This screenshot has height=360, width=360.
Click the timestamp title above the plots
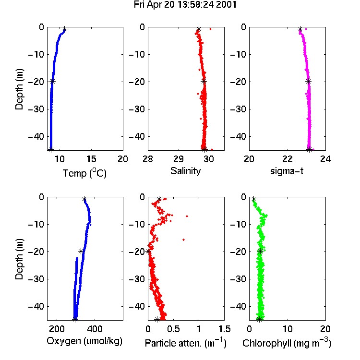[x=185, y=5]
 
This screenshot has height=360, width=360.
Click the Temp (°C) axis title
[x=84, y=173]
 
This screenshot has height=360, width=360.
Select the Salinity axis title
[x=185, y=171]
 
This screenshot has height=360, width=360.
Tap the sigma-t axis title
[x=287, y=171]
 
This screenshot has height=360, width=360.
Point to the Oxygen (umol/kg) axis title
[x=84, y=341]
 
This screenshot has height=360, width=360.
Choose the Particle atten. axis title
[x=185, y=343]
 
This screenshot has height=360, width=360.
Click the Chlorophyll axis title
[x=287, y=343]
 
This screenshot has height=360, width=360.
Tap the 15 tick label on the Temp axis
[x=91, y=159]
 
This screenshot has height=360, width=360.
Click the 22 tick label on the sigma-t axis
[x=288, y=159]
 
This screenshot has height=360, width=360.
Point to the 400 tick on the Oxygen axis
[x=95, y=329]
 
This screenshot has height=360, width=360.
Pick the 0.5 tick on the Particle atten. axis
[x=173, y=329]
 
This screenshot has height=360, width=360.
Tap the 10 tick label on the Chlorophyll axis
[x=288, y=329]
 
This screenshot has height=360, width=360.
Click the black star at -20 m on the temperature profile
[x=53, y=81]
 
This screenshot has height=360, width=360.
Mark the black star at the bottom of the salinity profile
[x=205, y=149]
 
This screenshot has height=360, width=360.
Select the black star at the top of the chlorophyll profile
[x=253, y=199]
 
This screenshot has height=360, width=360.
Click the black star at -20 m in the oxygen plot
[x=81, y=251]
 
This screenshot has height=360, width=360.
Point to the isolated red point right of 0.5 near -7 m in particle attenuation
[x=187, y=216]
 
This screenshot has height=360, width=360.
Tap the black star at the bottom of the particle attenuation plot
[x=157, y=319]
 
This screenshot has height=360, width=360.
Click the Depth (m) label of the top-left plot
[x=19, y=89]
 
